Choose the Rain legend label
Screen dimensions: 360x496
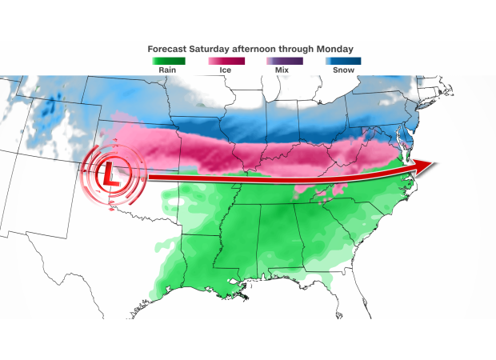click(169, 70)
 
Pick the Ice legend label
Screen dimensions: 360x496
click(227, 70)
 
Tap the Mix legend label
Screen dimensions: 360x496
click(285, 70)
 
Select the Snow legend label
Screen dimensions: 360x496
click(343, 70)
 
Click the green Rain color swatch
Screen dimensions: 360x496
click(169, 61)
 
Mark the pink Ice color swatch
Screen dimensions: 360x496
click(227, 61)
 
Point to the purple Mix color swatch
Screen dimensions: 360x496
click(285, 61)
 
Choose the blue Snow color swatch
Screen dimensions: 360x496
click(343, 61)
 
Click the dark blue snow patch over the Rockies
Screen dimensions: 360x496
click(54, 109)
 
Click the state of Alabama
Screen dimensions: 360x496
click(277, 240)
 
